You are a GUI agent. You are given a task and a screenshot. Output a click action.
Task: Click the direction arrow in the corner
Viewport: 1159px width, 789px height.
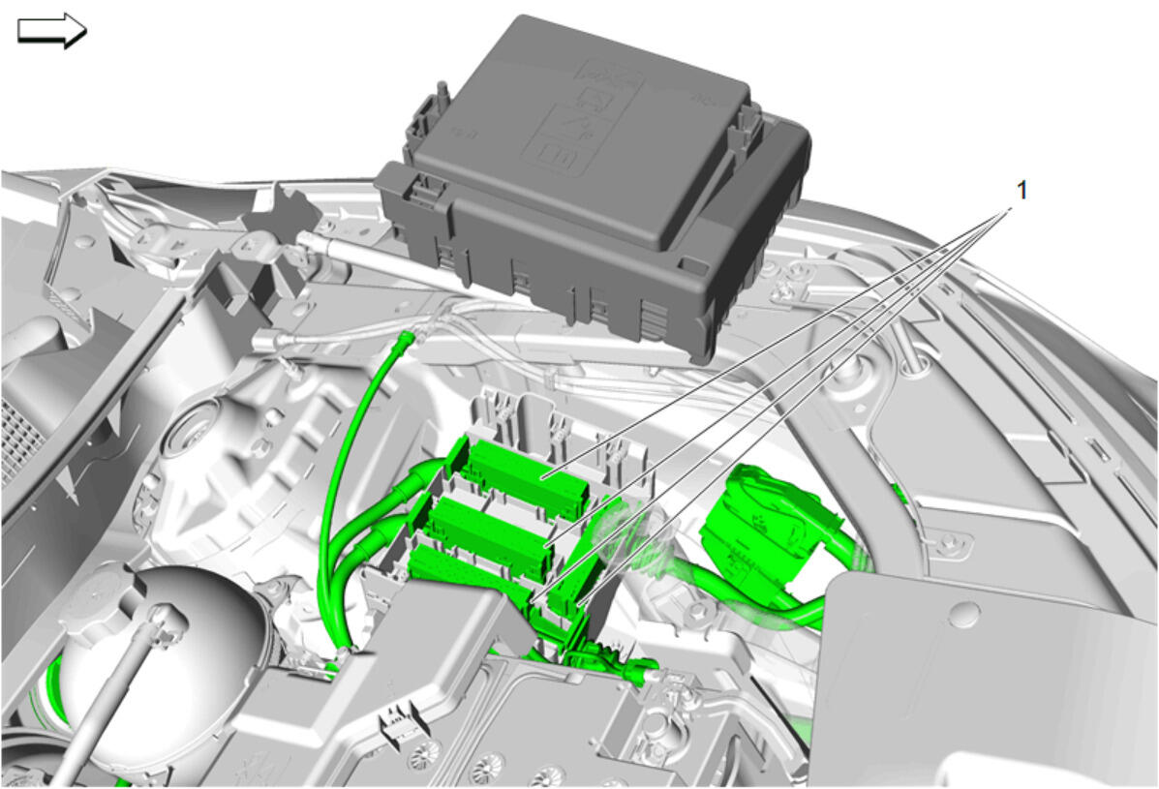click(51, 30)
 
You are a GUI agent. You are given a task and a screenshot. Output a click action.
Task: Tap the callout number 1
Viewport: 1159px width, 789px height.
click(1022, 191)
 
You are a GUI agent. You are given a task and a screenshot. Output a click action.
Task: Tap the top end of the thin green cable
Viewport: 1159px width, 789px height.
click(405, 339)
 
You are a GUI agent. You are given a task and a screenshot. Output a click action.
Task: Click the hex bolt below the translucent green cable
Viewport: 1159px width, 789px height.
click(698, 612)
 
